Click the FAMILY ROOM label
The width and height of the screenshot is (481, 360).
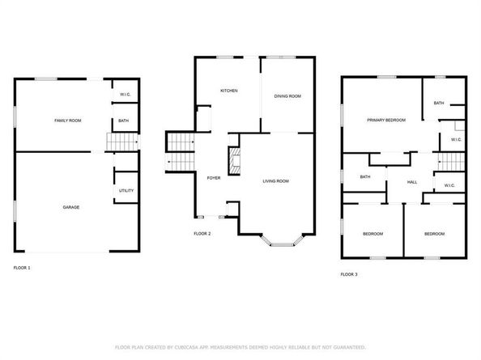(x=67, y=121)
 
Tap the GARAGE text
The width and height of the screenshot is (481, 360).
(x=71, y=207)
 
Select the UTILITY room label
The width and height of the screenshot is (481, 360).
(x=126, y=191)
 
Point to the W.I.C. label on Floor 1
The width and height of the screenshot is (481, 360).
(x=125, y=94)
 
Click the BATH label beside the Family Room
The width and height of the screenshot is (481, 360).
(x=124, y=121)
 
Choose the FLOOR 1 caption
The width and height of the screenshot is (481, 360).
(x=22, y=267)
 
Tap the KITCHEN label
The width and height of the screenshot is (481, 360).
(x=229, y=91)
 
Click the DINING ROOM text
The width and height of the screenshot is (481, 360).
(x=287, y=96)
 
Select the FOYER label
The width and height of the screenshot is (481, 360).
(x=214, y=178)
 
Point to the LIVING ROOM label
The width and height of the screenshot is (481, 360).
(x=275, y=181)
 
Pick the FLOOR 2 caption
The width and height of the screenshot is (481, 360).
(x=202, y=234)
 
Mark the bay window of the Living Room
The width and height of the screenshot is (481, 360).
(x=282, y=239)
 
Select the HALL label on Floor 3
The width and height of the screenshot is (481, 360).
(x=411, y=182)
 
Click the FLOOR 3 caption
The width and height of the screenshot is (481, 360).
(x=348, y=275)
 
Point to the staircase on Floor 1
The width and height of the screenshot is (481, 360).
(x=120, y=144)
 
